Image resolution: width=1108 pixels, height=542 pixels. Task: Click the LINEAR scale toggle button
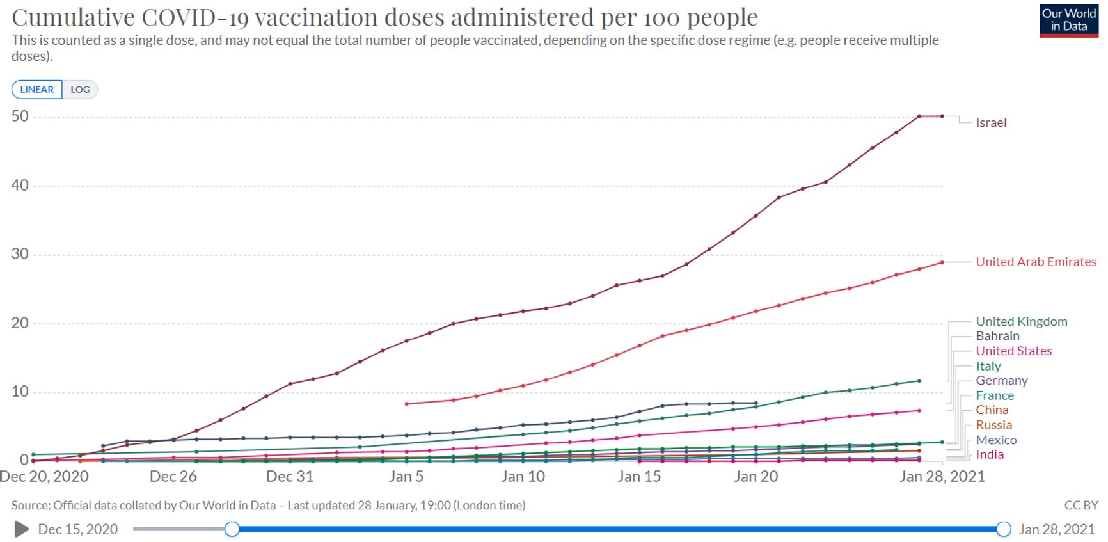pos(36,90)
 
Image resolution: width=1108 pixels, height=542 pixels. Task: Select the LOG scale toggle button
pos(80,90)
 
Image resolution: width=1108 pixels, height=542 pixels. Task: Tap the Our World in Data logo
pos(1068,20)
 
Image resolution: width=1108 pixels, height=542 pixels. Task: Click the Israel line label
pos(991,123)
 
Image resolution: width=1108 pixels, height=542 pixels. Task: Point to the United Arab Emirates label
pos(1036,262)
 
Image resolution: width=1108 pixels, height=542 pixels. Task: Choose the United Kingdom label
pos(1021,321)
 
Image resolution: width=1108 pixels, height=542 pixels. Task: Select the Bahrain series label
pos(997,336)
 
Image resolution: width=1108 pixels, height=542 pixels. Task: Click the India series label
pos(989,454)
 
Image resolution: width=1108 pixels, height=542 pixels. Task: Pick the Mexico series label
pos(996,440)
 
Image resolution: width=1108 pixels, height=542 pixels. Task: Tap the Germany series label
pos(1001,380)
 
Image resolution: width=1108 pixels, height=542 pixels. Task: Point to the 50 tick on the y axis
pos(20,116)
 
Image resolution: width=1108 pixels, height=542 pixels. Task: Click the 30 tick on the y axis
pos(20,254)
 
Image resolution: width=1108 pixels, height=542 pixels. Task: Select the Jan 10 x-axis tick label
pos(523,477)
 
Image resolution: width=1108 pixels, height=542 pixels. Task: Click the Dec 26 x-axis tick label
pos(173,477)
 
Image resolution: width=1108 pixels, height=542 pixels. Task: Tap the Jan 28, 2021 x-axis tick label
pos(942,477)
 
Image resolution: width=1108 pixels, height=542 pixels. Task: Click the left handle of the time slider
pos(232,529)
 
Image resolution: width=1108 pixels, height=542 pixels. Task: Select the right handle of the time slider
pos(1004,529)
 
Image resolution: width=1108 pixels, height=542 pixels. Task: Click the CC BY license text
pos(1080,506)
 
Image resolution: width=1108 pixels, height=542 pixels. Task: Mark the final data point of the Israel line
pos(942,116)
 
